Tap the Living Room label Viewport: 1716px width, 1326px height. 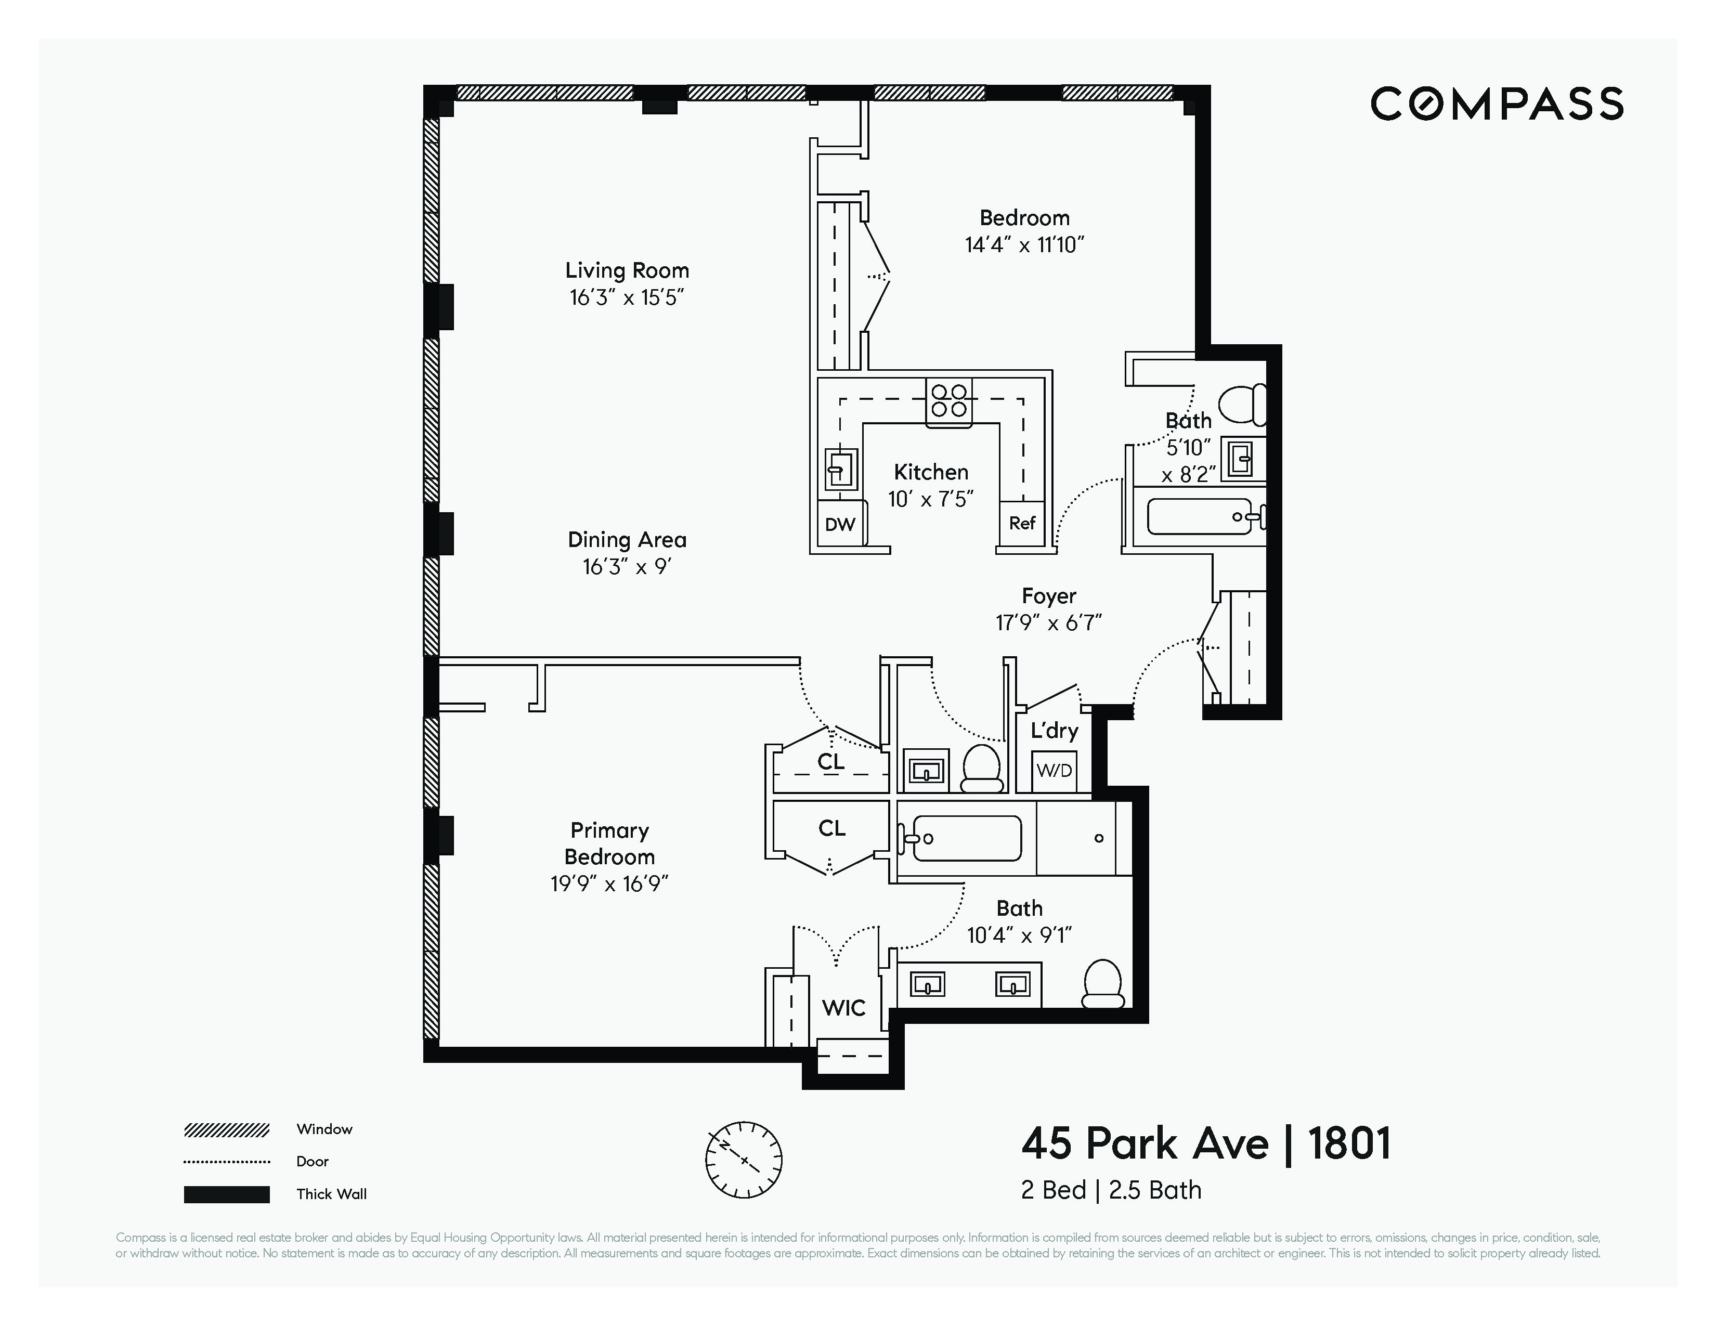(x=627, y=270)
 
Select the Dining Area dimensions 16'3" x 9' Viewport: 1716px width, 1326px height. (x=627, y=566)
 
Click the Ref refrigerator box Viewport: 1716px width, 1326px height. (x=1021, y=523)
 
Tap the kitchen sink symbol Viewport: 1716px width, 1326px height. (x=840, y=470)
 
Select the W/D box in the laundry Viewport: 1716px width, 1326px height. (x=1054, y=770)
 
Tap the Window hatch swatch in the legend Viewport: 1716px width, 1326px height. (x=226, y=1129)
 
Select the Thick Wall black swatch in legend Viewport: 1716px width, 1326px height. (x=226, y=1194)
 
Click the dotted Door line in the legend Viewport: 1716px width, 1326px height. (x=226, y=1162)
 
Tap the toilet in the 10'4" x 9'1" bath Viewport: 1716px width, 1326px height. (x=1103, y=984)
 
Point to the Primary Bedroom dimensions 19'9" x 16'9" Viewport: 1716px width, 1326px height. (x=609, y=883)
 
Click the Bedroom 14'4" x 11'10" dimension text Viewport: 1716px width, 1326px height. (x=1024, y=244)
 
